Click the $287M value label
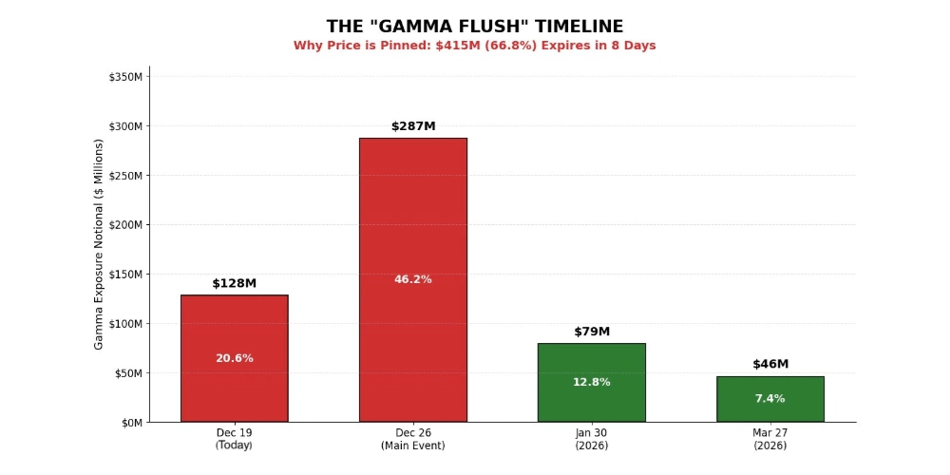point(412,126)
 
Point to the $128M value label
point(234,283)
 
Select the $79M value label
point(591,332)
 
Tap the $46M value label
point(769,364)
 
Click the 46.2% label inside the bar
point(412,279)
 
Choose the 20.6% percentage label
point(234,358)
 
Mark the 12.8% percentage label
point(591,382)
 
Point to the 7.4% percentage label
point(769,398)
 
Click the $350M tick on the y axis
point(126,77)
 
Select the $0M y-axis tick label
point(131,422)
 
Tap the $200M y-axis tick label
point(126,225)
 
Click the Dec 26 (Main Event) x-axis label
point(412,439)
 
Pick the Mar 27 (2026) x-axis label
point(769,439)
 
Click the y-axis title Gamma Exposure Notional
point(99,244)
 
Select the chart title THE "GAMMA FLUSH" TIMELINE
point(474,27)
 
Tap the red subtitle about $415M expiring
point(474,46)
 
